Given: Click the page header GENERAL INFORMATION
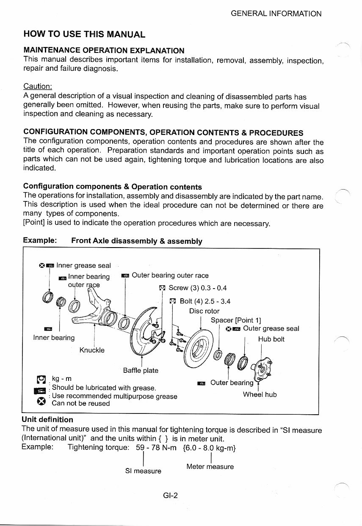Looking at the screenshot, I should point(276,14).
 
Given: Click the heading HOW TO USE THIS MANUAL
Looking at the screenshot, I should point(84,34).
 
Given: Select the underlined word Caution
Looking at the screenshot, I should point(37,86).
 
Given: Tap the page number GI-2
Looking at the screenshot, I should point(170,496).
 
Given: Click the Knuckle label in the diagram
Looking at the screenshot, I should point(92,350).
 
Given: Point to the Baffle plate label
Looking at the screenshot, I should point(140,370).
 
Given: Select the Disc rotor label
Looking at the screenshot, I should point(204,311).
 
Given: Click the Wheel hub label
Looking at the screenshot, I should point(260,394).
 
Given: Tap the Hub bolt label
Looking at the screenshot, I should point(271,339).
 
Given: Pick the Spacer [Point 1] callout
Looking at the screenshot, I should point(236,320).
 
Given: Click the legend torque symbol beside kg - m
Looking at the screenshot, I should point(41,379).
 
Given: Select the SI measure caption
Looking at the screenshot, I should point(143,471).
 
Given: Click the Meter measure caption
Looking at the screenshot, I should point(210,466).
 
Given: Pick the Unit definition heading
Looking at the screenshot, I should point(47,419).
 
